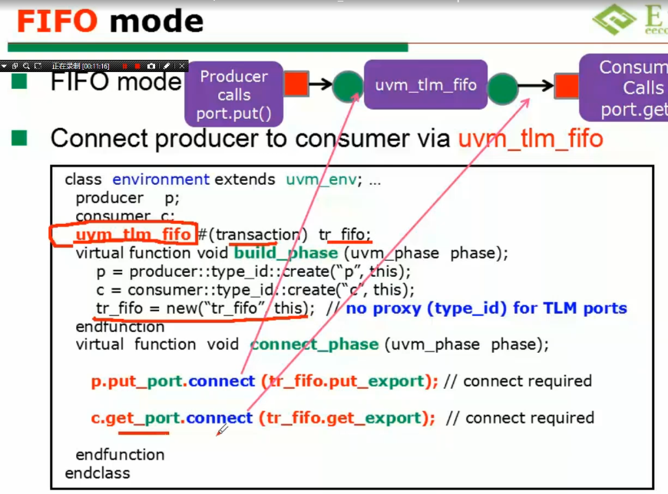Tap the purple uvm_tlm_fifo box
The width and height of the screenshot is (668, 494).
(425, 85)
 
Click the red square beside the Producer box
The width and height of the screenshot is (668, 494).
(296, 84)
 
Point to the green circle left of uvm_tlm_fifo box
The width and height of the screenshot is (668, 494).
(348, 85)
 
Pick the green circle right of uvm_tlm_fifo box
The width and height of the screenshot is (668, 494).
(503, 86)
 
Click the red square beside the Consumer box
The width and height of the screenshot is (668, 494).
(567, 86)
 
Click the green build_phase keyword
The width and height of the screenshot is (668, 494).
(286, 253)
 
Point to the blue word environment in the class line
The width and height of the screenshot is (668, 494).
(160, 179)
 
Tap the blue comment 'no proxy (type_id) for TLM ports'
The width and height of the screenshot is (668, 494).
(487, 308)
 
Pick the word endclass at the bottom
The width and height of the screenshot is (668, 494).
(98, 473)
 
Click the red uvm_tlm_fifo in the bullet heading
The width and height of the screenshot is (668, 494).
(530, 139)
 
